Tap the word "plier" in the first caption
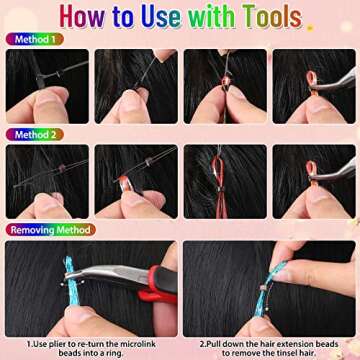[x=72, y=342]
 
